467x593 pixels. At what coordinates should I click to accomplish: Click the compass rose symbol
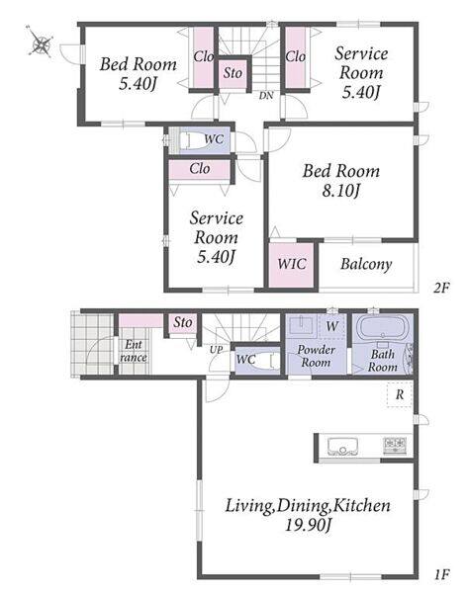click(x=41, y=42)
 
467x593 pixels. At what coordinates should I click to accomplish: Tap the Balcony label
click(x=366, y=264)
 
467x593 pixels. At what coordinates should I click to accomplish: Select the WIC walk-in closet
click(x=291, y=265)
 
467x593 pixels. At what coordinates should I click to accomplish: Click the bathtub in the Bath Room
click(x=383, y=328)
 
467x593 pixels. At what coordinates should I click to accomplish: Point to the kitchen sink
click(x=343, y=447)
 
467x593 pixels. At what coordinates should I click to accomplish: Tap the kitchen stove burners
click(x=395, y=446)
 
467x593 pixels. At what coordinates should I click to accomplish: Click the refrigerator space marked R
click(x=400, y=394)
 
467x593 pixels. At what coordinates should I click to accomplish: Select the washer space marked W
click(x=332, y=326)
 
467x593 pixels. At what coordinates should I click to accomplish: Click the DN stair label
click(x=266, y=96)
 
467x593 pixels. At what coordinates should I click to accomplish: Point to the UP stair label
click(x=217, y=350)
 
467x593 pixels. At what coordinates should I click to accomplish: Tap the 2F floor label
click(x=441, y=289)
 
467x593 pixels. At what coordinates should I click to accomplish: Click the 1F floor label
click(x=441, y=575)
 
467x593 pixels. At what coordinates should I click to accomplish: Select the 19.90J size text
click(x=308, y=526)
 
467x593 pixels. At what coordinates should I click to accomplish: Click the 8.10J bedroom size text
click(x=340, y=191)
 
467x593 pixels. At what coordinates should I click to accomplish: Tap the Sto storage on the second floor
click(x=233, y=73)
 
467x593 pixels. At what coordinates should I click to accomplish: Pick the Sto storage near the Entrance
click(x=183, y=322)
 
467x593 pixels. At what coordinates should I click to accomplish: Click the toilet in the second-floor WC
click(x=189, y=140)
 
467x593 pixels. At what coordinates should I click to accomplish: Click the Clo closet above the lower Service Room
click(x=200, y=169)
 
